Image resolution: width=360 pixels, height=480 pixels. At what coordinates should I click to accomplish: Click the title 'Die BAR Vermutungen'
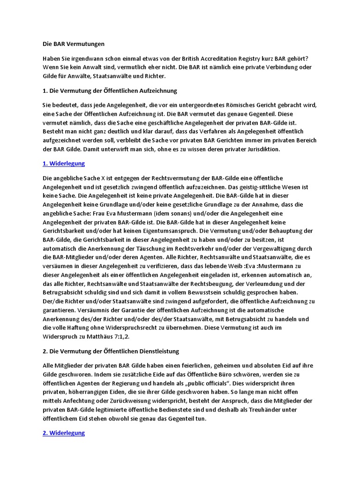74,44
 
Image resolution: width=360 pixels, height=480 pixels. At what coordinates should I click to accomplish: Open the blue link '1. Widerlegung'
64,164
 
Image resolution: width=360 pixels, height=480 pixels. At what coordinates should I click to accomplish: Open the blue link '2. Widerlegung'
64,433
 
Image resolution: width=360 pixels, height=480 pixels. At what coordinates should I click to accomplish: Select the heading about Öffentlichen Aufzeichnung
110,90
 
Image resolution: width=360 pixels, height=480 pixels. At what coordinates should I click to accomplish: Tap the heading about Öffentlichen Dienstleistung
111,351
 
